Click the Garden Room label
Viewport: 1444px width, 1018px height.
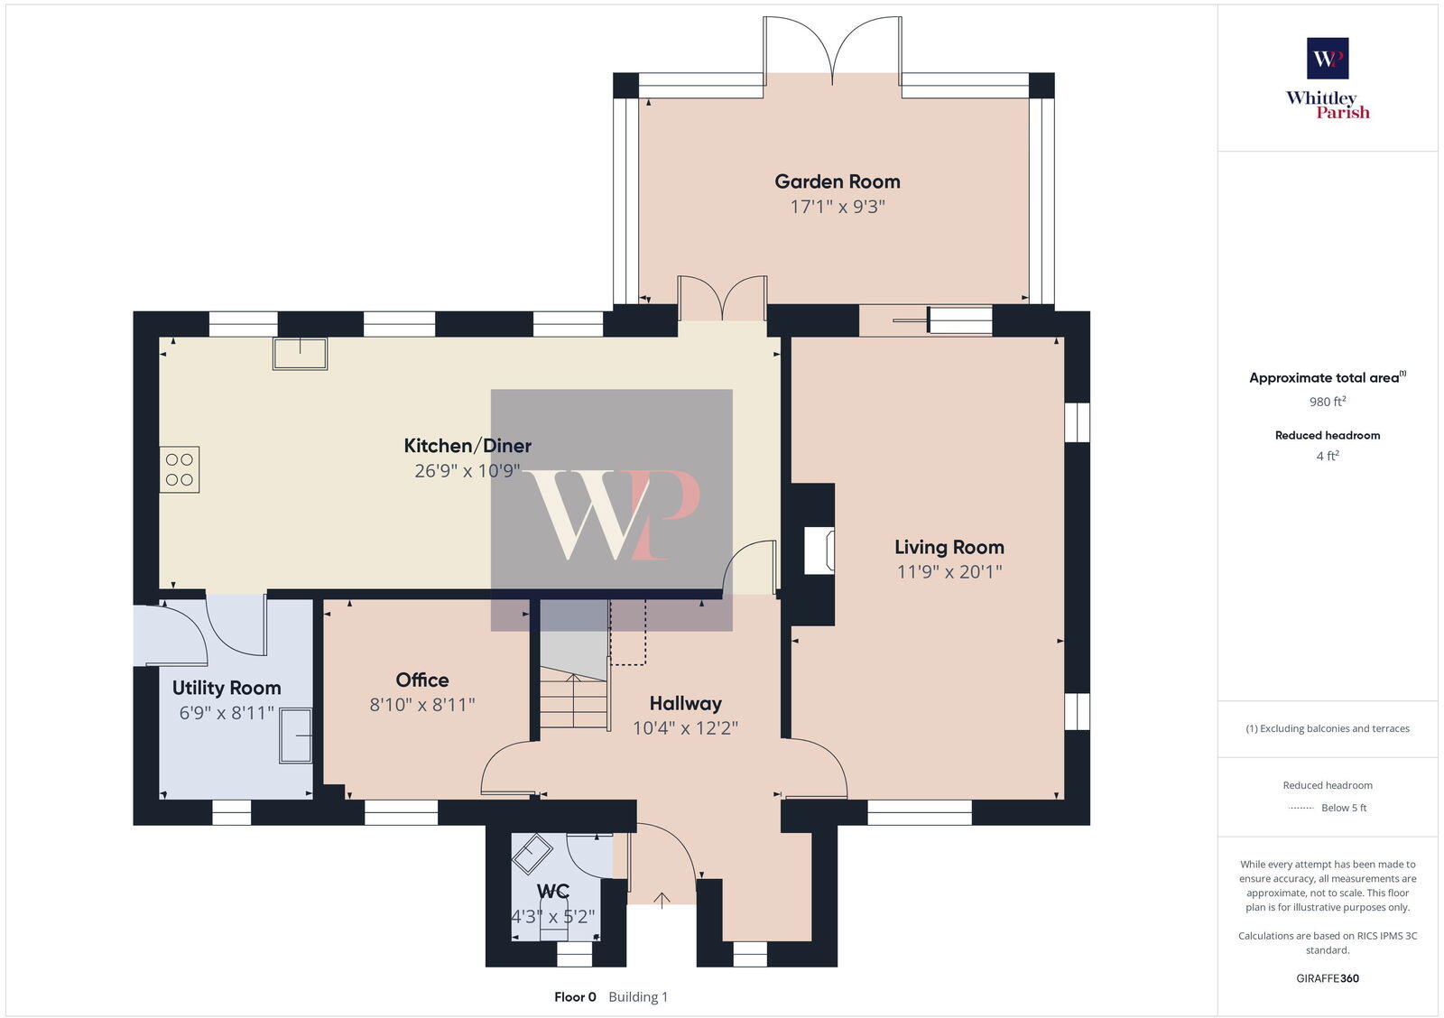pyautogui.click(x=837, y=181)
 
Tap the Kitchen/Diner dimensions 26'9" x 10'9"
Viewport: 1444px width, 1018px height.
pyautogui.click(x=467, y=470)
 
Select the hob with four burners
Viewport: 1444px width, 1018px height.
pyautogui.click(x=180, y=469)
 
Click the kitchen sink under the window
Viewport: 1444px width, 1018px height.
pyautogui.click(x=301, y=354)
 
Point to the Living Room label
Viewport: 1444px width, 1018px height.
pyautogui.click(x=949, y=547)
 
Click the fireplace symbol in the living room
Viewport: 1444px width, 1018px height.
pyautogui.click(x=819, y=551)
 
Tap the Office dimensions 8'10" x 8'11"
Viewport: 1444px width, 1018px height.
pyautogui.click(x=421, y=705)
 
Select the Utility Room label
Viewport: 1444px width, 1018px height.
pyautogui.click(x=227, y=688)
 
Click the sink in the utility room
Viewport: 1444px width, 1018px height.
pyautogui.click(x=296, y=736)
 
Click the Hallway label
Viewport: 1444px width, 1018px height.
pyautogui.click(x=685, y=703)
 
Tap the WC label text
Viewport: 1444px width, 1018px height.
pyautogui.click(x=552, y=892)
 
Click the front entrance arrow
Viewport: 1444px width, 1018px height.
pyautogui.click(x=662, y=900)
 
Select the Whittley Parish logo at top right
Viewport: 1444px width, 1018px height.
pyautogui.click(x=1328, y=79)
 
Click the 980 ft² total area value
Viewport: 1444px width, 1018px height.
pyautogui.click(x=1328, y=402)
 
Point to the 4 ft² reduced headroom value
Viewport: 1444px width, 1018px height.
pyautogui.click(x=1328, y=457)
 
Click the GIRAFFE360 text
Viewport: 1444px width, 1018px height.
pyautogui.click(x=1328, y=978)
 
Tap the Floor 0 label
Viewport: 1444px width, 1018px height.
pyautogui.click(x=575, y=997)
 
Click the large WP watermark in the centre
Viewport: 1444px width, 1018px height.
pyautogui.click(x=612, y=511)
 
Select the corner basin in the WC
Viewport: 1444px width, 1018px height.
pyautogui.click(x=532, y=853)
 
